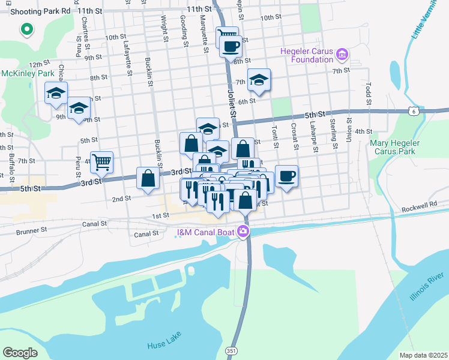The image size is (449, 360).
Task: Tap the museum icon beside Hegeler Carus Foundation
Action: point(343,55)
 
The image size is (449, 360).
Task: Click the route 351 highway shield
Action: point(231,350)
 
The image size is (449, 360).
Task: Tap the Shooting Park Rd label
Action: point(35,11)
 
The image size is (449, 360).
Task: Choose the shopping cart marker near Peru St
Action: point(102,161)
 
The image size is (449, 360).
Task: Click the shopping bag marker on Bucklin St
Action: point(148,178)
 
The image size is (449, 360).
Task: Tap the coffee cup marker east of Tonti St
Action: point(286,176)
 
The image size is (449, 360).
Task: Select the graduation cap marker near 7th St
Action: point(259,80)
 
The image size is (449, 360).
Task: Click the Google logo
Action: point(20,352)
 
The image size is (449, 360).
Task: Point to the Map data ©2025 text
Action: point(423,355)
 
